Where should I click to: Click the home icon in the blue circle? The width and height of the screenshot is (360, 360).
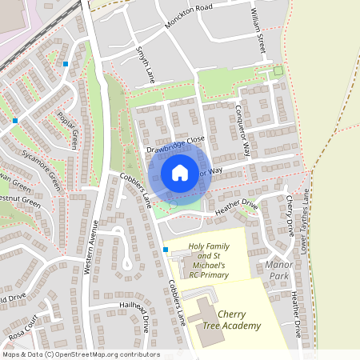pos(180,172)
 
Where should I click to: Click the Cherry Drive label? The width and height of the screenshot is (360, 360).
pos(289,215)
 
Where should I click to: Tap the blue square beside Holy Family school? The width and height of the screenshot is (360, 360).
pos(166,250)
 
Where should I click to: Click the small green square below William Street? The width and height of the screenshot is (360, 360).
pos(278,71)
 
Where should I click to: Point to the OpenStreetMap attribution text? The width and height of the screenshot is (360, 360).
pos(80,354)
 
